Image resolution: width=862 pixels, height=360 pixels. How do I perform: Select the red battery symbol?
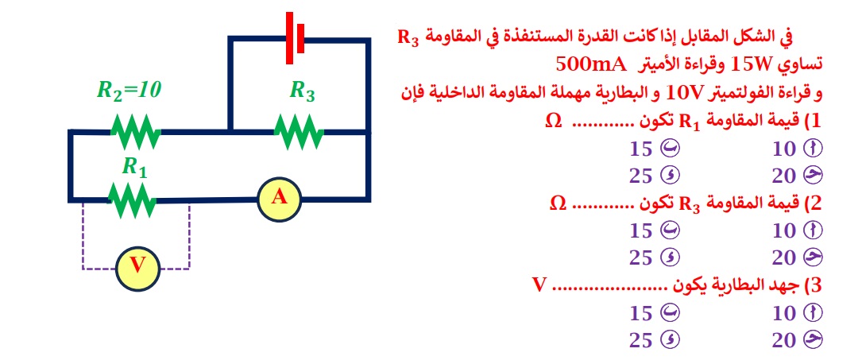click(296, 37)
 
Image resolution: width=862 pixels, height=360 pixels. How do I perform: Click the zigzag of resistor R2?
click(135, 131)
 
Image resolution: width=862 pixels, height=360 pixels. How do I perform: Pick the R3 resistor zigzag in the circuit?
click(299, 131)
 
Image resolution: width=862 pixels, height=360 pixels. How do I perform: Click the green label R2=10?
click(129, 90)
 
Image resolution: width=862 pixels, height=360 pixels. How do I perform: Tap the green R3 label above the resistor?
click(302, 91)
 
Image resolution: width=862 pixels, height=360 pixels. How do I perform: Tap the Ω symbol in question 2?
click(559, 203)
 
